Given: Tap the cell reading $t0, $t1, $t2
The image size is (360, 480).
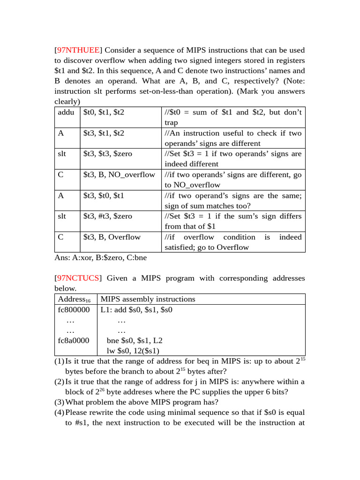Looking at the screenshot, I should click(x=104, y=112).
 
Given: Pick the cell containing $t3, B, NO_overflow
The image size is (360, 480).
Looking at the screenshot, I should click(x=119, y=174).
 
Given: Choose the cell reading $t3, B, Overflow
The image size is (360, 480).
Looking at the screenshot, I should click(x=112, y=237).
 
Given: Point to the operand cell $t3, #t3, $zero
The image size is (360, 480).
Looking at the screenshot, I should click(x=107, y=216).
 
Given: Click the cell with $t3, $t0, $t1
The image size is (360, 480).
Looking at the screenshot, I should click(x=104, y=195).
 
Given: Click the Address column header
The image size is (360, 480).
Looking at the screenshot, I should click(x=74, y=300).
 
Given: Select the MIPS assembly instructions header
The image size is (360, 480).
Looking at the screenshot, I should click(x=148, y=299).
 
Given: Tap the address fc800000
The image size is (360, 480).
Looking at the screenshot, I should click(x=74, y=310).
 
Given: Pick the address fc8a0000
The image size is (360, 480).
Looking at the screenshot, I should click(x=74, y=340).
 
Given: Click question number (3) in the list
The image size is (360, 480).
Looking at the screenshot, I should click(x=59, y=402).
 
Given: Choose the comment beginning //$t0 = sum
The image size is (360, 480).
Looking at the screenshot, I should click(x=233, y=117).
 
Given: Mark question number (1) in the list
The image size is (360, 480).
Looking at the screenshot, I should click(x=59, y=361).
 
